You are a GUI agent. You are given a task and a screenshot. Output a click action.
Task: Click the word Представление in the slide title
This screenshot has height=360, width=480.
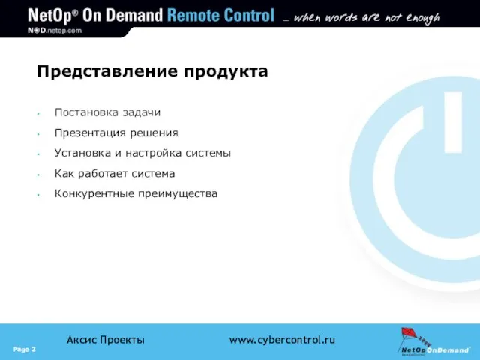click(107, 71)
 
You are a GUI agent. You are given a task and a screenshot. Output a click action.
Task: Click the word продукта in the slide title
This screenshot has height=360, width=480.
click(226, 72)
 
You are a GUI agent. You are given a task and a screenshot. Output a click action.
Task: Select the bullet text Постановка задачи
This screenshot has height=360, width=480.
click(107, 112)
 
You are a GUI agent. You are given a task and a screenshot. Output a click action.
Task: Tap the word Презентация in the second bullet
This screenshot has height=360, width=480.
click(90, 133)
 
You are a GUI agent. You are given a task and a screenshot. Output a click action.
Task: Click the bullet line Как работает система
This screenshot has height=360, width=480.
click(115, 174)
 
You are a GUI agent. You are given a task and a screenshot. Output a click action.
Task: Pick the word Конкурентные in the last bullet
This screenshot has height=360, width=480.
click(94, 194)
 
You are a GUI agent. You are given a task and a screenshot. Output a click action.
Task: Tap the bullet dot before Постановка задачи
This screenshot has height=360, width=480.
click(38, 114)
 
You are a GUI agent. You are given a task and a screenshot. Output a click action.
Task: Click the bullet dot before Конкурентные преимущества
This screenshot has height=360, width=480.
click(38, 195)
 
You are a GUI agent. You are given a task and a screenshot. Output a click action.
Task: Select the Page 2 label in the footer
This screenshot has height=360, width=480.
click(25, 349)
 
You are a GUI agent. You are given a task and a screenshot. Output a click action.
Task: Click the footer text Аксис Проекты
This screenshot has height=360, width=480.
click(106, 340)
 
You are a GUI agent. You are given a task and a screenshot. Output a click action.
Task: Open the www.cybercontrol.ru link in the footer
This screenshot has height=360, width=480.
click(282, 340)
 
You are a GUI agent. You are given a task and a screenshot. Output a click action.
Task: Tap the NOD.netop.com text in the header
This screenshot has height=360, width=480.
click(55, 31)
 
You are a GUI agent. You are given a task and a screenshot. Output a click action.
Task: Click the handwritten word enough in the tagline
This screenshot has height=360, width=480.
click(423, 18)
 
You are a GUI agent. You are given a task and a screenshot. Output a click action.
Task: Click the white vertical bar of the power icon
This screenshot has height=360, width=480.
click(453, 122)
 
